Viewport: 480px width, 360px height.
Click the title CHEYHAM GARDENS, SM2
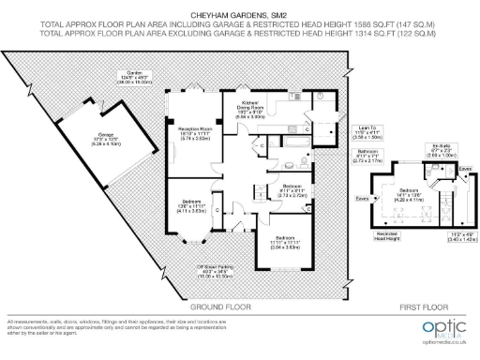click(239, 16)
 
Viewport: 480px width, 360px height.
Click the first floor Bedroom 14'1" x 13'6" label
click(413, 196)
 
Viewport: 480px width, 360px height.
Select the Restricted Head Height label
click(386, 235)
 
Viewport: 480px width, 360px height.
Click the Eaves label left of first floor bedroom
click(362, 199)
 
